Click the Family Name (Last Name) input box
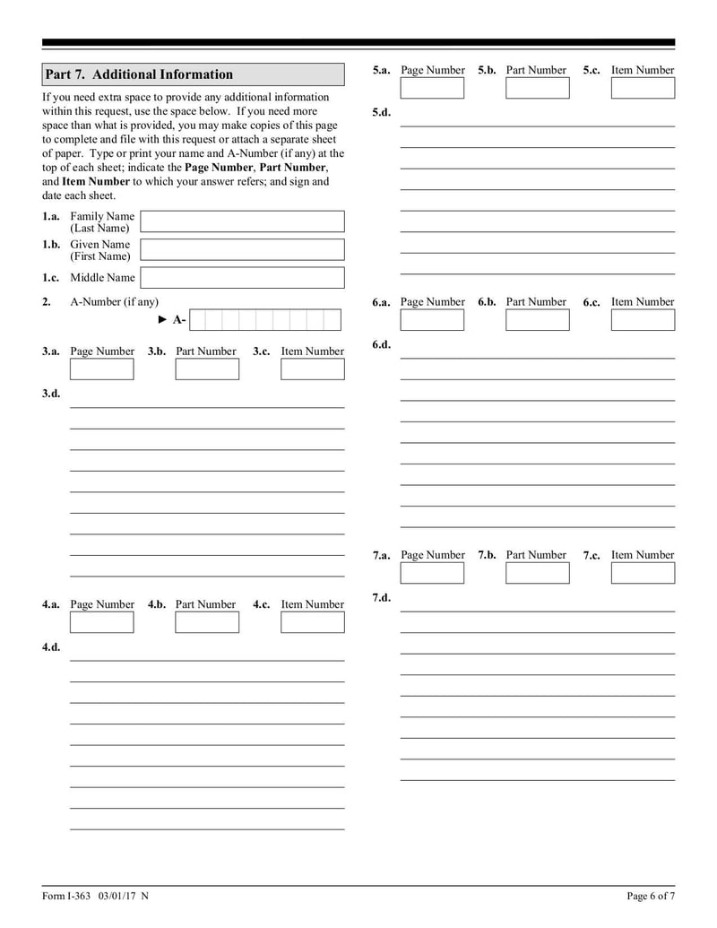tap(242, 221)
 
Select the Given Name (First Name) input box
tap(242, 249)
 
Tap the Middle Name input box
tap(242, 278)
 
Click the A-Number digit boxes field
tap(265, 320)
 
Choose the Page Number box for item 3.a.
tap(101, 369)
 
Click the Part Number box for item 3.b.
tap(207, 369)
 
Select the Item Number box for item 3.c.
tap(312, 369)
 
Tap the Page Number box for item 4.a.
tap(101, 622)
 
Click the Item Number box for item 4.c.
tap(312, 622)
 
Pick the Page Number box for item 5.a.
tap(432, 88)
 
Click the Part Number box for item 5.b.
tap(537, 88)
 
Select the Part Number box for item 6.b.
tap(537, 320)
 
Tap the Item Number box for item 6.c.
tap(643, 320)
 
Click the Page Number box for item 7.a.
tap(432, 573)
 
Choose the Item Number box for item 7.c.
tap(643, 573)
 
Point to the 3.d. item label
tap(51, 394)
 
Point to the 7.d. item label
tap(382, 598)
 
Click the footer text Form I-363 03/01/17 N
tap(95, 896)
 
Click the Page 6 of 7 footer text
tap(650, 896)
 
